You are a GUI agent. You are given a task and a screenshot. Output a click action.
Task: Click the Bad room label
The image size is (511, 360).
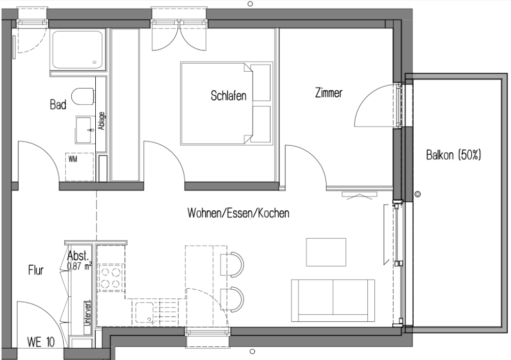pyautogui.click(x=58, y=105)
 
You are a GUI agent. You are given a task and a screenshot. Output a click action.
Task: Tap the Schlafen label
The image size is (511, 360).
pyautogui.click(x=229, y=96)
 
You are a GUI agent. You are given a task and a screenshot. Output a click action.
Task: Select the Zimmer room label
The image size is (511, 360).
pyautogui.click(x=329, y=93)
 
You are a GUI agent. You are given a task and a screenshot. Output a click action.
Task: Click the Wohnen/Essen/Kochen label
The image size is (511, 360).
pyautogui.click(x=238, y=213)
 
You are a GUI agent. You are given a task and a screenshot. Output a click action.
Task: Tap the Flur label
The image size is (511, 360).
pyautogui.click(x=36, y=271)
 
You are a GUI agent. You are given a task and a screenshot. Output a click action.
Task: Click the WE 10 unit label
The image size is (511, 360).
pyautogui.click(x=40, y=342)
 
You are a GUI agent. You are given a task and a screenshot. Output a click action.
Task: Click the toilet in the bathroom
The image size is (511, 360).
pyautogui.click(x=83, y=96)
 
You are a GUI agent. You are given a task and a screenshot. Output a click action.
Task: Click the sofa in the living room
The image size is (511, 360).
pyautogui.click(x=332, y=301)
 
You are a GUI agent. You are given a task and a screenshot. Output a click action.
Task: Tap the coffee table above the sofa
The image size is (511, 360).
pyautogui.click(x=327, y=252)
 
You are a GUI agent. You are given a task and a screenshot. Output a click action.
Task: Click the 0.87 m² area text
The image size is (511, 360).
pyautogui.click(x=79, y=265)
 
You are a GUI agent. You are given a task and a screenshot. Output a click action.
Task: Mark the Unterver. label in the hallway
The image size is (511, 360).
pyautogui.click(x=87, y=315)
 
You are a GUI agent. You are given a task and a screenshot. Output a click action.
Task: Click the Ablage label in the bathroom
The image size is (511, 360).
pyautogui.click(x=101, y=122)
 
